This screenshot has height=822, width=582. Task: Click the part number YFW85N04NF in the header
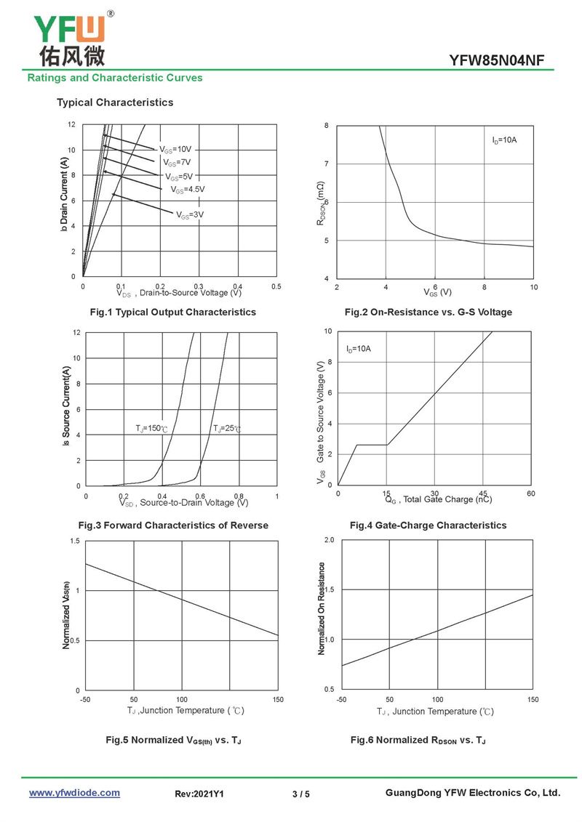pos(496,60)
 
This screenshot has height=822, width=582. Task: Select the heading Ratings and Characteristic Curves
pos(115,78)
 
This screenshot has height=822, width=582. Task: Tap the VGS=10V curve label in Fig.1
pos(175,149)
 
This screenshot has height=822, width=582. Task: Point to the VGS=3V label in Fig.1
pos(189,214)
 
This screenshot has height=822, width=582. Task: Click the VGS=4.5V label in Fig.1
pos(188,190)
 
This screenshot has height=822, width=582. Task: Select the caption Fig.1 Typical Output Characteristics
pos(172,312)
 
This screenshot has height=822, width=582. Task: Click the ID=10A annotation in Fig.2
pos(504,140)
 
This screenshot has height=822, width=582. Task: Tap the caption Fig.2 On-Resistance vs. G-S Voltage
pos(428,312)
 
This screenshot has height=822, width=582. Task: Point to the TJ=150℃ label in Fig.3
pos(152,429)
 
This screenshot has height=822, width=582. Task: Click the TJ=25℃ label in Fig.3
pos(227,429)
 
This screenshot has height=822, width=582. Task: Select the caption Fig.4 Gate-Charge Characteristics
pos(428,525)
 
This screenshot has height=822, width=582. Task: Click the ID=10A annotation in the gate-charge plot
pos(359,349)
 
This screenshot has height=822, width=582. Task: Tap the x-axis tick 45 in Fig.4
pos(483,493)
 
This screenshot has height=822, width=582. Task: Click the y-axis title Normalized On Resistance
pos(322,608)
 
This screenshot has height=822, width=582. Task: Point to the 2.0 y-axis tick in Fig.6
pos(329,541)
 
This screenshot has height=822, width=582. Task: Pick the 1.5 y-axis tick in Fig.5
pos(75,541)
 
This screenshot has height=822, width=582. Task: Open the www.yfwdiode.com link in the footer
pos(74,793)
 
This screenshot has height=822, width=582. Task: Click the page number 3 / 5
pos(301,794)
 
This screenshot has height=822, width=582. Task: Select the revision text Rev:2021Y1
pos(199,794)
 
